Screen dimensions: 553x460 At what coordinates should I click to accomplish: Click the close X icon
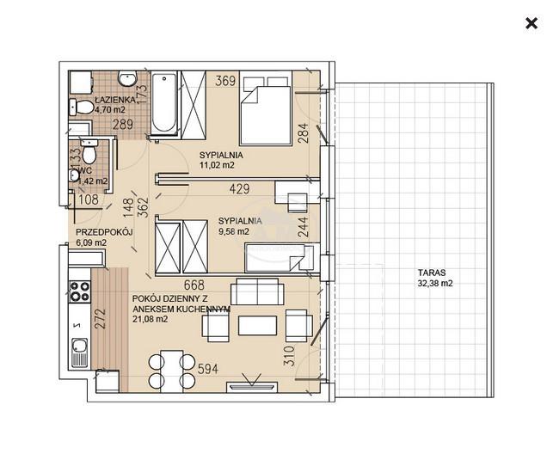click(x=531, y=23)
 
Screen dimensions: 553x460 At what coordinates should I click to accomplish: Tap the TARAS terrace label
click(x=432, y=273)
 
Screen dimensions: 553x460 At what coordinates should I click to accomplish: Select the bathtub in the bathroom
click(x=164, y=103)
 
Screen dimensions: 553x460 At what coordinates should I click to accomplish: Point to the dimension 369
click(x=225, y=81)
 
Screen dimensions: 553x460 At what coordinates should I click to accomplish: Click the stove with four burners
click(x=80, y=291)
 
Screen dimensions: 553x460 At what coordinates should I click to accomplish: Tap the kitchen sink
click(x=79, y=353)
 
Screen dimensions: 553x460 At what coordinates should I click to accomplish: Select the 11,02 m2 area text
click(x=217, y=165)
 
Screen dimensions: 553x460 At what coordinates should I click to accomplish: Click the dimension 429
click(x=239, y=189)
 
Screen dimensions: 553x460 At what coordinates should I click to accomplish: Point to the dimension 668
click(x=194, y=285)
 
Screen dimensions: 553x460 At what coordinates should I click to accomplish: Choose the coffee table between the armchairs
click(x=257, y=325)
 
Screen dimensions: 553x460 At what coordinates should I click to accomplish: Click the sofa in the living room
click(x=257, y=291)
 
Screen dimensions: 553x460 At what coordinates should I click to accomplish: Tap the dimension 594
click(x=208, y=369)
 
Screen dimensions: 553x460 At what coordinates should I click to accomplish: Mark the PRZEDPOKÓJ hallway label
click(x=104, y=232)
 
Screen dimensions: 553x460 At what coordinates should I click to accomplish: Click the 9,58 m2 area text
click(x=233, y=231)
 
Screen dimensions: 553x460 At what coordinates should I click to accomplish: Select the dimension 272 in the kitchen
click(x=101, y=319)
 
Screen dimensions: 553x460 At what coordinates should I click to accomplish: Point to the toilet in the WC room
click(x=89, y=153)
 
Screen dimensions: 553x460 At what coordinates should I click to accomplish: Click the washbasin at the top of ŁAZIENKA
click(x=127, y=79)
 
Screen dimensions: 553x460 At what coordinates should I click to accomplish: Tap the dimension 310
click(x=289, y=356)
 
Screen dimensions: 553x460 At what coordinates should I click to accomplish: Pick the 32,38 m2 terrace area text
click(x=435, y=283)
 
